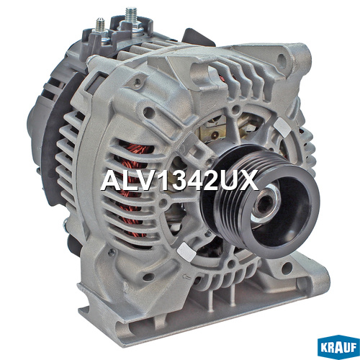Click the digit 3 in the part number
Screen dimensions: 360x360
click(177, 181)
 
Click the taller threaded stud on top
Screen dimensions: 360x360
click(131, 16)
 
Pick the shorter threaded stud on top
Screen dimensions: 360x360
click(99, 26)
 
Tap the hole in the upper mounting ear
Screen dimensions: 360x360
click(282, 58)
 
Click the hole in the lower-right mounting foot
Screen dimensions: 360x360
click(287, 268)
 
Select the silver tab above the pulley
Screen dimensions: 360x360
click(283, 127)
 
